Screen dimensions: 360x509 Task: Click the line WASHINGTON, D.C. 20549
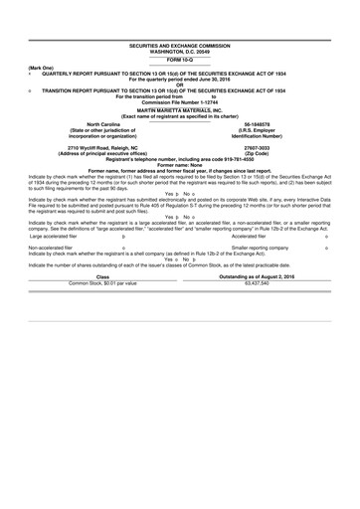click(x=180, y=52)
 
